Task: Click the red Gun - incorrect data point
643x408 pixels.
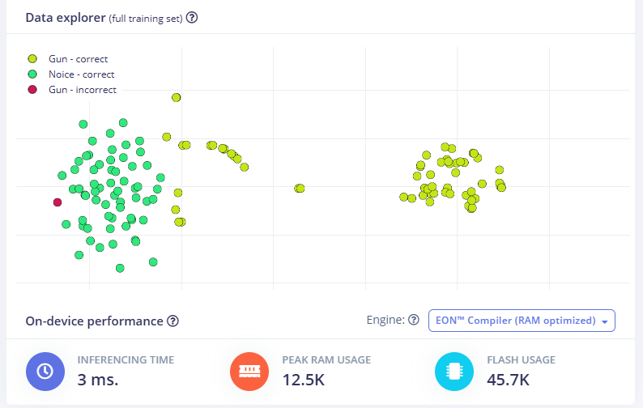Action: point(57,202)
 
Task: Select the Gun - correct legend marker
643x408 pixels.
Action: point(32,59)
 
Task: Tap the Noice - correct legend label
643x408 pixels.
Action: point(81,74)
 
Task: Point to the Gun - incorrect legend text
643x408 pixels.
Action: point(82,90)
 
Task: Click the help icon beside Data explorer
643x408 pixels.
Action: point(192,17)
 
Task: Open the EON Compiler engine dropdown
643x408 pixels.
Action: point(522,321)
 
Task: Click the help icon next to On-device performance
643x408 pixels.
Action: point(172,321)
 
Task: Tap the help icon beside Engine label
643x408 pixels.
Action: point(414,321)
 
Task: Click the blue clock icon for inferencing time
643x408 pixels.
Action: point(45,371)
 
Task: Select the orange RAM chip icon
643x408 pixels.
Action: point(249,371)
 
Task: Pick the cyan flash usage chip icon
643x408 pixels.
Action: point(454,371)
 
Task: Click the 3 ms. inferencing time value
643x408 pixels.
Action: point(98,379)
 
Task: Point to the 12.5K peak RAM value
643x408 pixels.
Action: point(304,379)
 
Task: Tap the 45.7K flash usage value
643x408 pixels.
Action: point(509,379)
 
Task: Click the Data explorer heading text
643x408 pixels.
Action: point(65,17)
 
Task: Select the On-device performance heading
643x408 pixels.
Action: point(94,321)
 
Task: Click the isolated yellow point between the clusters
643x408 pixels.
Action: point(300,189)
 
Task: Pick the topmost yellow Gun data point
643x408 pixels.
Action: point(176,98)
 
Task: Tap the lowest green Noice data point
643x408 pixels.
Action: point(120,268)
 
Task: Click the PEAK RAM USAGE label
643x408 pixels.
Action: point(326,360)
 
